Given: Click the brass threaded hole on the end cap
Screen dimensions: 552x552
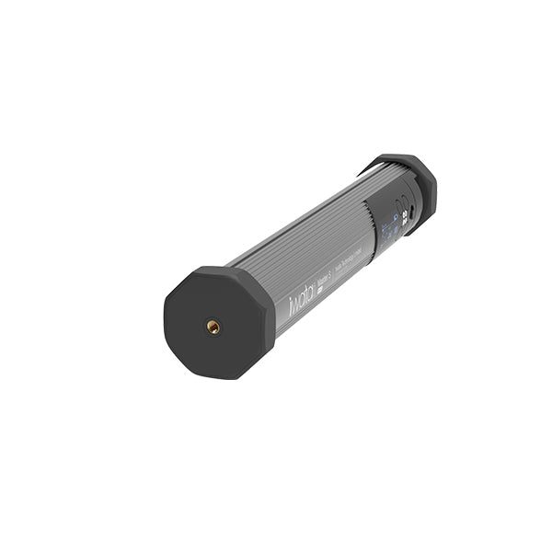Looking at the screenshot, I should tap(213, 327).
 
